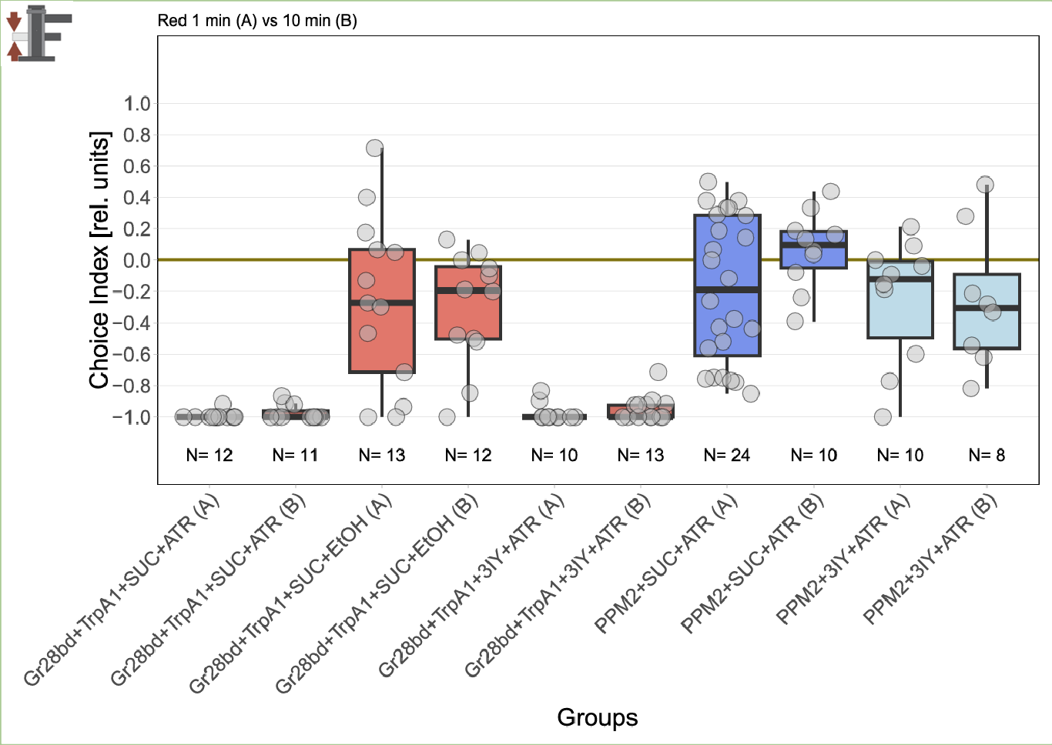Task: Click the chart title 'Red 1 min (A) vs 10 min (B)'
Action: tap(257, 21)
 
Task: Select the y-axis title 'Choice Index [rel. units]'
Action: tap(99, 260)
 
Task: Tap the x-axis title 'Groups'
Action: tap(597, 717)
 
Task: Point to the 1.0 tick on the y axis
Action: tap(137, 104)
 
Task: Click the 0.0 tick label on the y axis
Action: tap(137, 260)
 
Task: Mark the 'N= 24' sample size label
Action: tap(727, 456)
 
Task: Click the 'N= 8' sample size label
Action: tap(987, 456)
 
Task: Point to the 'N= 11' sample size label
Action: tap(295, 456)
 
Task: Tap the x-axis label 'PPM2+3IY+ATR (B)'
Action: tap(930, 558)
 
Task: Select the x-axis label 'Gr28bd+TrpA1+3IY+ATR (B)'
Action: tap(558, 586)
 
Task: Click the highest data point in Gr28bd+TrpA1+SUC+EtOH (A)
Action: tap(374, 148)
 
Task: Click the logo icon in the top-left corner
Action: tap(39, 33)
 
